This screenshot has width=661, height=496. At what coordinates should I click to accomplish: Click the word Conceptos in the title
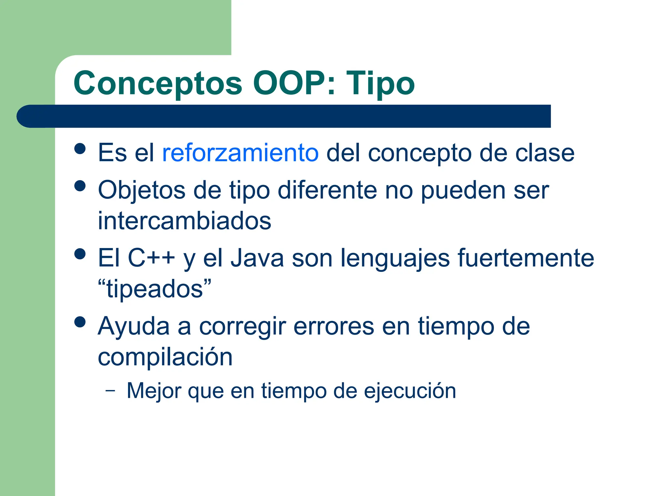pos(158,83)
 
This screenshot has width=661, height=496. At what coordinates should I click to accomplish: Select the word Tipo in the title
pos(381,83)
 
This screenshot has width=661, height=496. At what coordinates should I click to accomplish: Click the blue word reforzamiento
pos(240,153)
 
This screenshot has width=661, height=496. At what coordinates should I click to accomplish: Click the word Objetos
pos(142,190)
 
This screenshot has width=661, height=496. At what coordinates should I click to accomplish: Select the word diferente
pos(327,190)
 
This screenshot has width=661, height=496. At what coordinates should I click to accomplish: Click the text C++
pos(151,258)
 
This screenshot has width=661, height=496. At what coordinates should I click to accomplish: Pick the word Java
pos(257,258)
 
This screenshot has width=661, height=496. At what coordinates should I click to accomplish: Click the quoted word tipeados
pos(155,289)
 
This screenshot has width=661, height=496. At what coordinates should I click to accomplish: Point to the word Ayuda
pos(134,326)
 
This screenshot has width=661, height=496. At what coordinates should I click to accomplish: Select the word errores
pos(334,326)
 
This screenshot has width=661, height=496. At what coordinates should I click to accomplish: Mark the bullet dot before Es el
pos(80,149)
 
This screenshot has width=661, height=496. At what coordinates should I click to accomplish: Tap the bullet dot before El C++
pos(80,254)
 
